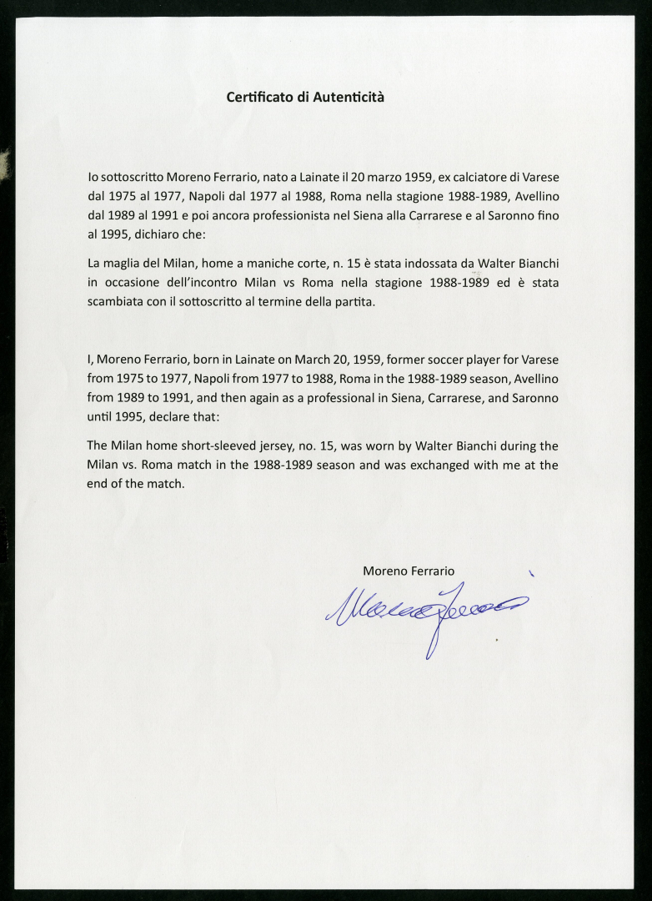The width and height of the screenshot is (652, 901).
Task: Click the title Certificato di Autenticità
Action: point(305,97)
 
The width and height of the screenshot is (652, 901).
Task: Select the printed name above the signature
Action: point(409,571)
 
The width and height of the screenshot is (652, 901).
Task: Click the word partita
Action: point(351,302)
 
